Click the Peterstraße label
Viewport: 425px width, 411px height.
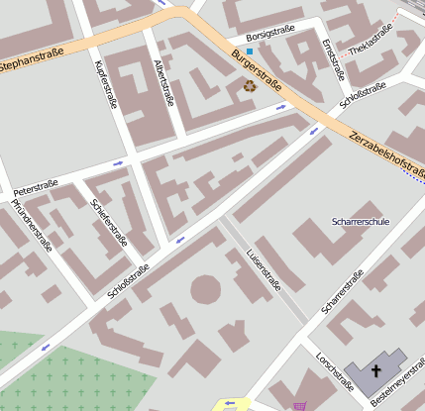point(35,186)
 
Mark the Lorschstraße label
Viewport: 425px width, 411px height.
point(331,372)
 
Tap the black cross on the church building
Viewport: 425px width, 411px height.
point(375,370)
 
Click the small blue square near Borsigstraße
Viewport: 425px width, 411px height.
point(250,51)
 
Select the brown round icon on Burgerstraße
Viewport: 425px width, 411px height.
point(249,86)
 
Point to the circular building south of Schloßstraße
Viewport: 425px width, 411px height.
point(205,289)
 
